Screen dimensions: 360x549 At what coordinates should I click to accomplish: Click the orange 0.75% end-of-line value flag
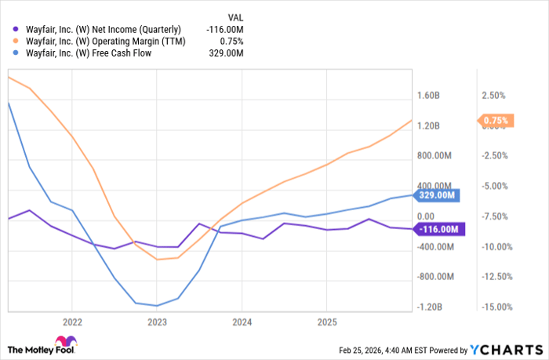tap(496, 121)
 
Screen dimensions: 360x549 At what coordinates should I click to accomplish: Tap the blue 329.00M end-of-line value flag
tap(437, 195)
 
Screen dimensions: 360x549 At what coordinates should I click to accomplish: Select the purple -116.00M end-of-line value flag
tap(438, 229)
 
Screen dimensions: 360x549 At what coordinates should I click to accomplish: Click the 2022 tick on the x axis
tap(72, 321)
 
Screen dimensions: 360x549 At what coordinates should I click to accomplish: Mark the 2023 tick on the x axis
tap(157, 321)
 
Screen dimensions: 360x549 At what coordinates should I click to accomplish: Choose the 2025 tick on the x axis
tap(327, 321)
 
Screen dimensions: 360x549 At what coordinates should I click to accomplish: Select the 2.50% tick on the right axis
tap(493, 96)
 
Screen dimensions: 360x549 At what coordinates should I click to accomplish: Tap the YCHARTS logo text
tap(514, 349)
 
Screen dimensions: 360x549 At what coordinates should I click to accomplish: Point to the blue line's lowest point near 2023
tap(157, 306)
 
